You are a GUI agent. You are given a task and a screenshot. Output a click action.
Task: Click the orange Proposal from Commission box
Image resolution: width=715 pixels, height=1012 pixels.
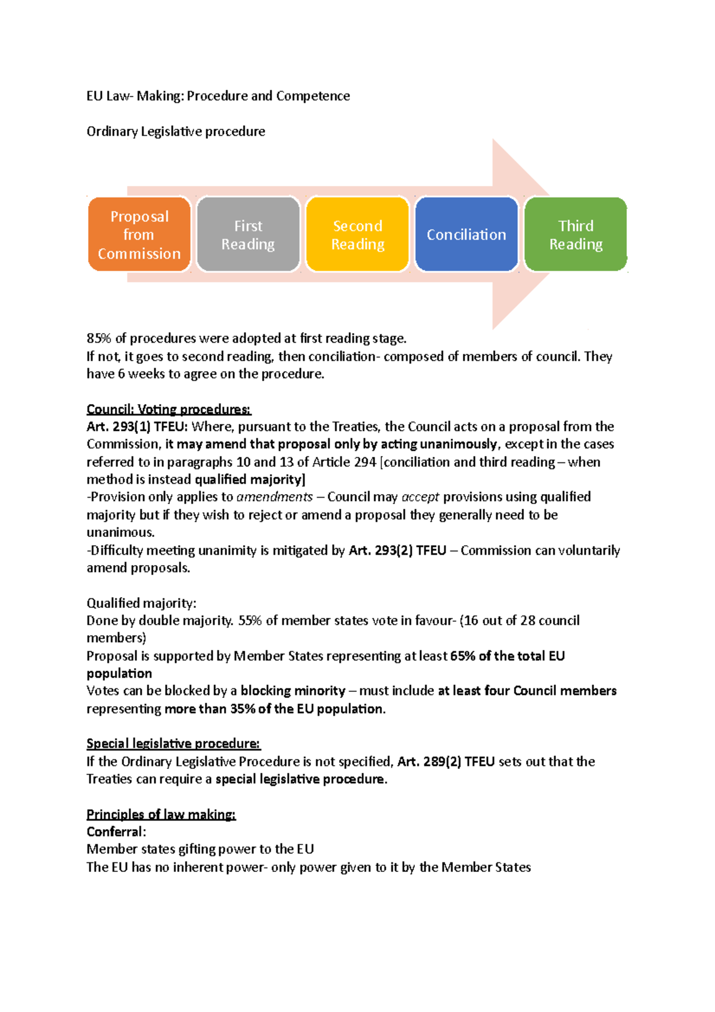pos(139,235)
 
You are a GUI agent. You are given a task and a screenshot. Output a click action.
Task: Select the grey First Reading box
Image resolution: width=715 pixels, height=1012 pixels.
pos(248,235)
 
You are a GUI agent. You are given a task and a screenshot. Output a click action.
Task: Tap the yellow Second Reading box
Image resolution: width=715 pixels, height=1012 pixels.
pos(357,235)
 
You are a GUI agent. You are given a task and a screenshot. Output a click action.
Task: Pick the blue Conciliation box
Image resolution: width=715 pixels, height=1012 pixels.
pos(467,235)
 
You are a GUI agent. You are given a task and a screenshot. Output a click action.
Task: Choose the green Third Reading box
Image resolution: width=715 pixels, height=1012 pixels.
pos(576,235)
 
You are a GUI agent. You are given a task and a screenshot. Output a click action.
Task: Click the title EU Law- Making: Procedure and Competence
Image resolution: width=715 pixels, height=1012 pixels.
pos(218,96)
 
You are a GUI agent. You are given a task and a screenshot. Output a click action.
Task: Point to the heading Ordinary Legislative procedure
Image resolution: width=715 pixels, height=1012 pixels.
pos(176,131)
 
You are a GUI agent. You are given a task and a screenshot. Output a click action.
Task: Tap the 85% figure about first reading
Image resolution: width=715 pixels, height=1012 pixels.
pos(99,339)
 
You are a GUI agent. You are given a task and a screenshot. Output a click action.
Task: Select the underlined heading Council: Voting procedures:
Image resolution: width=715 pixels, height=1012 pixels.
pos(169,409)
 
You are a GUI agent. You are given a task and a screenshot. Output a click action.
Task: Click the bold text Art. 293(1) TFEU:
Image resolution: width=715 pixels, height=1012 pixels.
pos(137,427)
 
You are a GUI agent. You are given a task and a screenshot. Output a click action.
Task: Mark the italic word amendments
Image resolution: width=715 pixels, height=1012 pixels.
pos(275,497)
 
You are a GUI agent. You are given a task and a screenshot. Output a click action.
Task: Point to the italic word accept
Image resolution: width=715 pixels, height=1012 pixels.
pos(420,497)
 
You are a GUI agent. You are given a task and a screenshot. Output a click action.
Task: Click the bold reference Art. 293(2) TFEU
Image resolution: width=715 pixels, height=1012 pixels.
pos(397,551)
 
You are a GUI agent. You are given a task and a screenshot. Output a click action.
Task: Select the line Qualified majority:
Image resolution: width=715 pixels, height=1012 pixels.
pos(141,603)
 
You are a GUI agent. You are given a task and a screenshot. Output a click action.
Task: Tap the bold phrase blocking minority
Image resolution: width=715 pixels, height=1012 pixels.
pos(293,691)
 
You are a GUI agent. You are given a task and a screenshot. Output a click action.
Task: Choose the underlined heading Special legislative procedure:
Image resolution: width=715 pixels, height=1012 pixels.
pos(173,744)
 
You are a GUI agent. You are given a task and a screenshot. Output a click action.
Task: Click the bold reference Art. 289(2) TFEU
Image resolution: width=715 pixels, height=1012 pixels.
pos(446,762)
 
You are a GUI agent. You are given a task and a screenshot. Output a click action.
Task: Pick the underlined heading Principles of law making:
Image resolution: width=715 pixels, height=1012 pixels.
pos(161,814)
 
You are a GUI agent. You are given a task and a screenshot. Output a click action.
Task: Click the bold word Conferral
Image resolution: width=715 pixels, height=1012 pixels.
pos(115,832)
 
